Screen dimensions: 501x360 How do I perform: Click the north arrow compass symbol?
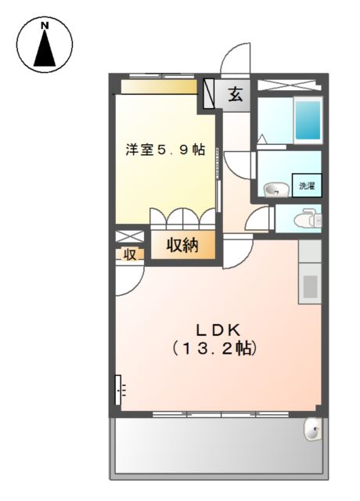tap(45, 45)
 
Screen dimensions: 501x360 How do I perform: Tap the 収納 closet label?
tap(182, 245)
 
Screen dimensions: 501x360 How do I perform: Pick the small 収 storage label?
tap(130, 254)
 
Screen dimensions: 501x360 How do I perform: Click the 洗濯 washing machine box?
tap(307, 186)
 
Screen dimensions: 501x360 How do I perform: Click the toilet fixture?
tap(310, 218)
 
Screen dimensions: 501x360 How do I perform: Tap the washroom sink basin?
tap(273, 188)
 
